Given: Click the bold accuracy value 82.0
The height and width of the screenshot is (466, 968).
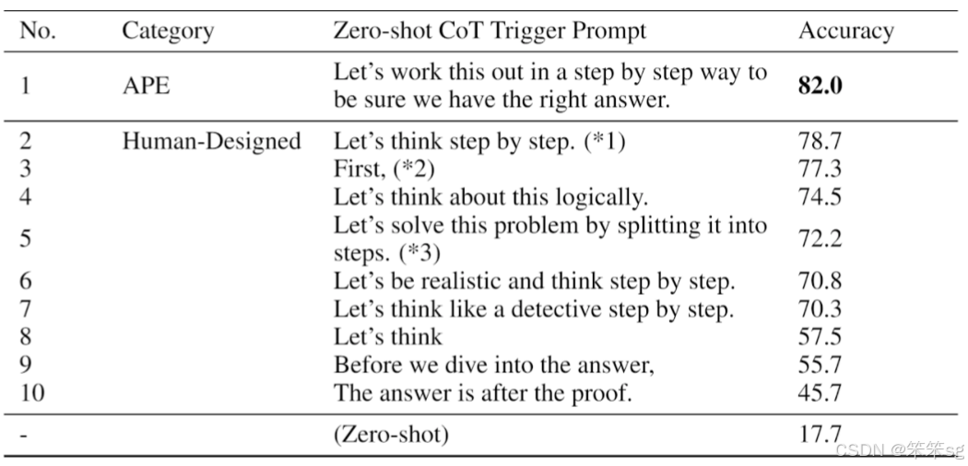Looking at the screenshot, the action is pos(820,86).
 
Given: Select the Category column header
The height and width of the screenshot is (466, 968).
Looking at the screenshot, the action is pos(168,30).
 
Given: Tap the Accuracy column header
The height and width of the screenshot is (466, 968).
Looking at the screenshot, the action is pos(845,30).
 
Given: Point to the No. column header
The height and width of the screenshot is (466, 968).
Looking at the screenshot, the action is pos(37,30).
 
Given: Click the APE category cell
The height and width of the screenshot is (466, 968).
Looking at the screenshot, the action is pos(146,86).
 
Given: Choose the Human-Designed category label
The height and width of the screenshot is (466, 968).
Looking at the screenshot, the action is pos(211,142).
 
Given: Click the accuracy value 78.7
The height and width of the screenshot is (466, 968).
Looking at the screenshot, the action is pos(820,142).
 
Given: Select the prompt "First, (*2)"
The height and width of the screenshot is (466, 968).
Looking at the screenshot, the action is pos(384,169).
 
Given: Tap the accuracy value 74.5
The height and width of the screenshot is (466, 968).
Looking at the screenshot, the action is pos(820,197).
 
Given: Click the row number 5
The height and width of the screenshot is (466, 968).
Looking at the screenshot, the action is pos(25,239).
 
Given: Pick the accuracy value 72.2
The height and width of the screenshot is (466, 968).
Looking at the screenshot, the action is pos(820,239).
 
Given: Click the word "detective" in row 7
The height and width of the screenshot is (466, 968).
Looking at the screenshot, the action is pos(583,309).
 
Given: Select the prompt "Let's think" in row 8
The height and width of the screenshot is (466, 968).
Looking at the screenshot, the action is pos(388,336).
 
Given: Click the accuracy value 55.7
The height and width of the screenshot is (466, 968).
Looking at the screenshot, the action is pos(820,365).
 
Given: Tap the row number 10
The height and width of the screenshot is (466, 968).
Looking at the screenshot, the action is pos(32,392).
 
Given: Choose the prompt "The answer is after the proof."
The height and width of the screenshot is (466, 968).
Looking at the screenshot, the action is pos(483,393).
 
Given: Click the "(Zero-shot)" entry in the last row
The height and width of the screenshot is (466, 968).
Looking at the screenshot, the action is pos(391,435).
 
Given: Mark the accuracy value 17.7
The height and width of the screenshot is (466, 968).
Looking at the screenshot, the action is pos(820,434).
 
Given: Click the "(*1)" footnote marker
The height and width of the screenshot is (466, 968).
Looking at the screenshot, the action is pos(605,142).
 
